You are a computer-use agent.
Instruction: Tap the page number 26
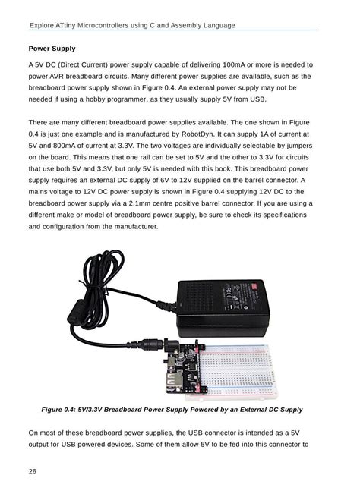tap(33, 471)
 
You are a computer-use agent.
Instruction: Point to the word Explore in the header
tap(43, 25)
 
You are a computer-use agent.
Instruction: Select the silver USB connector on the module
tap(169, 378)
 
